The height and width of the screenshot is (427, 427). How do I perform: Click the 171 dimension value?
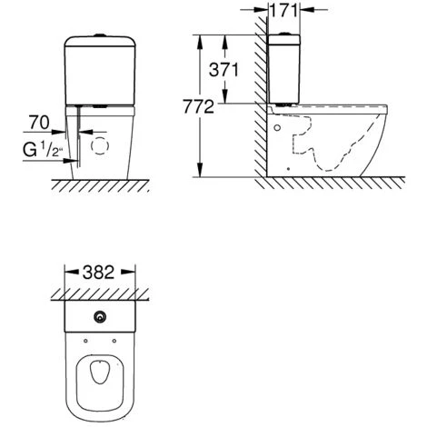pos(283,11)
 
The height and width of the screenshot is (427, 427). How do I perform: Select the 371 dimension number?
pos(223,70)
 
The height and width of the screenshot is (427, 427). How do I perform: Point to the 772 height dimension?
pos(198,107)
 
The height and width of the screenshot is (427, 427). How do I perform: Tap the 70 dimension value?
pos(39,123)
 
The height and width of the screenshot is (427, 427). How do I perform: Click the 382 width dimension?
pos(99,273)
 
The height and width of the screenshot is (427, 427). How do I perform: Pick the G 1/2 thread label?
pos(43,150)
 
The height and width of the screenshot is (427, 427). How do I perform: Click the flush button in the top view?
pos(100,317)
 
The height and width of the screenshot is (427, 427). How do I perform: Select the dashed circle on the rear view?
pos(100,145)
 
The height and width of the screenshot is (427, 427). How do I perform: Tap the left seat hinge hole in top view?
pos(85,341)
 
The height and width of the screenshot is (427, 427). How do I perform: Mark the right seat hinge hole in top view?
pos(114,341)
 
